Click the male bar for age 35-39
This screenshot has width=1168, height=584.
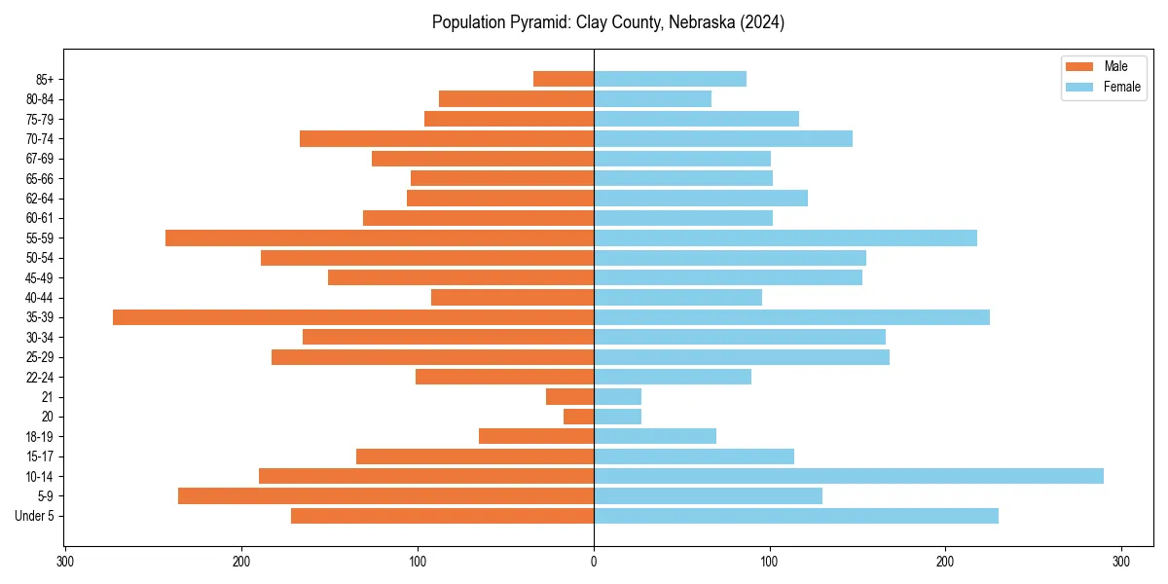pyautogui.click(x=353, y=317)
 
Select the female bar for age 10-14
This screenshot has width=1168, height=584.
pyautogui.click(x=849, y=476)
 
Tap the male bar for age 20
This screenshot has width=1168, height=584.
pyautogui.click(x=579, y=417)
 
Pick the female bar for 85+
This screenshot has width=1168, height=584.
pyautogui.click(x=670, y=79)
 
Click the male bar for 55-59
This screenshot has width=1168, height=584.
pyautogui.click(x=380, y=237)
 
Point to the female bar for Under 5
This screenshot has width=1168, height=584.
pyautogui.click(x=796, y=516)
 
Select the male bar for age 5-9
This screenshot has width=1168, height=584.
pyautogui.click(x=385, y=495)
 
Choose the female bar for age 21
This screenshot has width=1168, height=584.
pyautogui.click(x=617, y=396)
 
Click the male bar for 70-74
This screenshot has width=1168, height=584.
pyautogui.click(x=447, y=138)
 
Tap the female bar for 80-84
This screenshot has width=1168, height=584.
pyautogui.click(x=652, y=98)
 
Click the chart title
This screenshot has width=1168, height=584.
pyautogui.click(x=608, y=22)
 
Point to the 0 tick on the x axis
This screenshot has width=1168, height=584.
pyautogui.click(x=594, y=562)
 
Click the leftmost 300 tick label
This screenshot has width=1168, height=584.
pyautogui.click(x=65, y=562)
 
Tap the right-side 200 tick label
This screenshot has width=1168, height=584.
pyautogui.click(x=945, y=562)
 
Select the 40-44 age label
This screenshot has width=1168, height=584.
pyautogui.click(x=40, y=298)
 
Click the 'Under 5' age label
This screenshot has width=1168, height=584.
pyautogui.click(x=35, y=516)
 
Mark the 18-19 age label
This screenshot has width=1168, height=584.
pyautogui.click(x=40, y=436)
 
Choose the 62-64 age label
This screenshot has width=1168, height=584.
pyautogui.click(x=40, y=199)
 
